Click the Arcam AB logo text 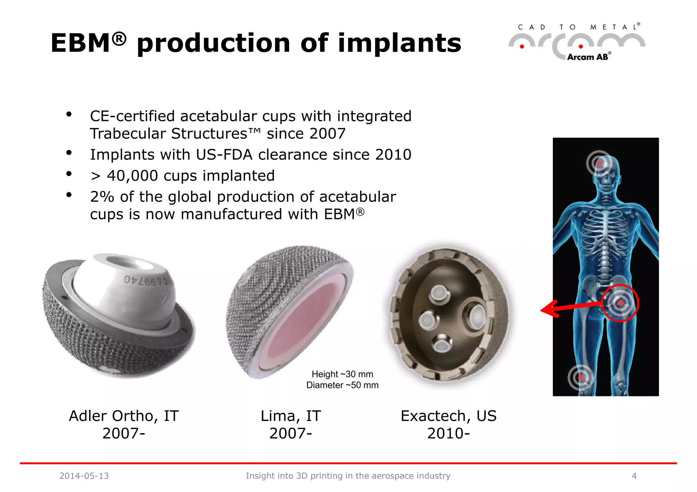[x=588, y=57]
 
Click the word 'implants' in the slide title [x=399, y=44]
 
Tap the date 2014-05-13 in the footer [x=84, y=476]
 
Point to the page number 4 [x=634, y=476]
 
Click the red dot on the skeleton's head [x=600, y=164]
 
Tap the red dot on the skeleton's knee [x=581, y=378]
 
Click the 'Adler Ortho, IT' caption [x=124, y=416]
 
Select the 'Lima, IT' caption [x=291, y=416]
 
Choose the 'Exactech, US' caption [x=448, y=416]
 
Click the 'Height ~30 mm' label [x=342, y=374]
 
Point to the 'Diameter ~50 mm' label [x=342, y=385]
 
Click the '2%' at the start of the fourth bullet [x=102, y=197]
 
